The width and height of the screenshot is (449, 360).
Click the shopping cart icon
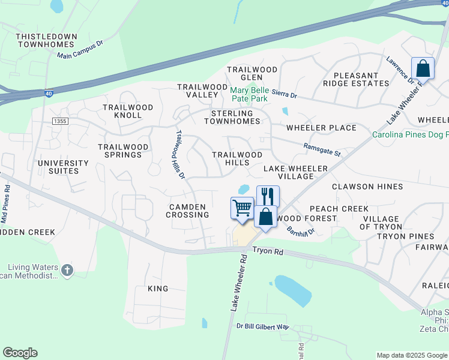point(242,208)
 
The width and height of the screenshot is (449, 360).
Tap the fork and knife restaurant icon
point(268,196)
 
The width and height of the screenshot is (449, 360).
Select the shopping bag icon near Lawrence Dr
point(423,68)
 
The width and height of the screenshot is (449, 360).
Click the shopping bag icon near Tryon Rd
point(265,216)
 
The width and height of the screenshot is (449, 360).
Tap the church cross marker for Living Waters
point(67,271)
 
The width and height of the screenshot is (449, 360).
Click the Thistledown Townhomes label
point(47,40)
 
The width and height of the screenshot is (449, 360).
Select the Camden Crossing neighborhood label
point(187,210)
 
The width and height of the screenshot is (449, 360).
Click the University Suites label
point(63,167)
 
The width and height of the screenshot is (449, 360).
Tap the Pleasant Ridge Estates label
point(356,79)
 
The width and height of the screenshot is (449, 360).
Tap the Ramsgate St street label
point(322,149)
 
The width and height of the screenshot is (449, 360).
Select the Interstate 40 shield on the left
point(49,93)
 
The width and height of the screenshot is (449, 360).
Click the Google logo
point(20,353)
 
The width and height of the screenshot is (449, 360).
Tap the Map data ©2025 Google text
point(411,355)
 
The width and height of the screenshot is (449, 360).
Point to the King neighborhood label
point(158,289)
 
